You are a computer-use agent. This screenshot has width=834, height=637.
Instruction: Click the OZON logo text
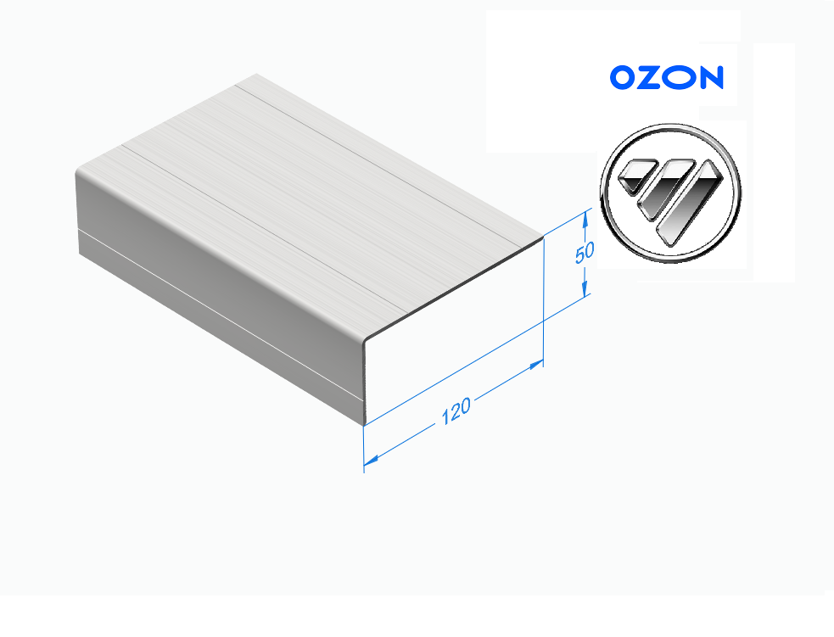(x=667, y=78)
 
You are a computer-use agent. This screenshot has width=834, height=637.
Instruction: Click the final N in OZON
(x=710, y=78)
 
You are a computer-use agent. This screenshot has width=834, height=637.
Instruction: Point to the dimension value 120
(x=456, y=411)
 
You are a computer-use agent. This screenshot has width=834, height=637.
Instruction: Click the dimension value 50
(x=585, y=252)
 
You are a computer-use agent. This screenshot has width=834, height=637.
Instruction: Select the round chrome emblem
(x=671, y=193)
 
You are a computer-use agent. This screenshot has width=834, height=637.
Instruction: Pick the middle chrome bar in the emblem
(x=665, y=189)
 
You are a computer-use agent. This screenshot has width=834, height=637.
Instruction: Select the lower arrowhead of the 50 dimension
(x=585, y=288)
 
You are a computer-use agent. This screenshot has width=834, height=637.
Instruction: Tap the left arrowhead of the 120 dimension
(x=372, y=460)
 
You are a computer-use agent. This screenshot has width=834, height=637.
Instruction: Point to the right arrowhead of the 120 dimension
(x=535, y=366)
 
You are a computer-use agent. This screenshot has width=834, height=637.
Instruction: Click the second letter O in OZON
(x=680, y=78)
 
